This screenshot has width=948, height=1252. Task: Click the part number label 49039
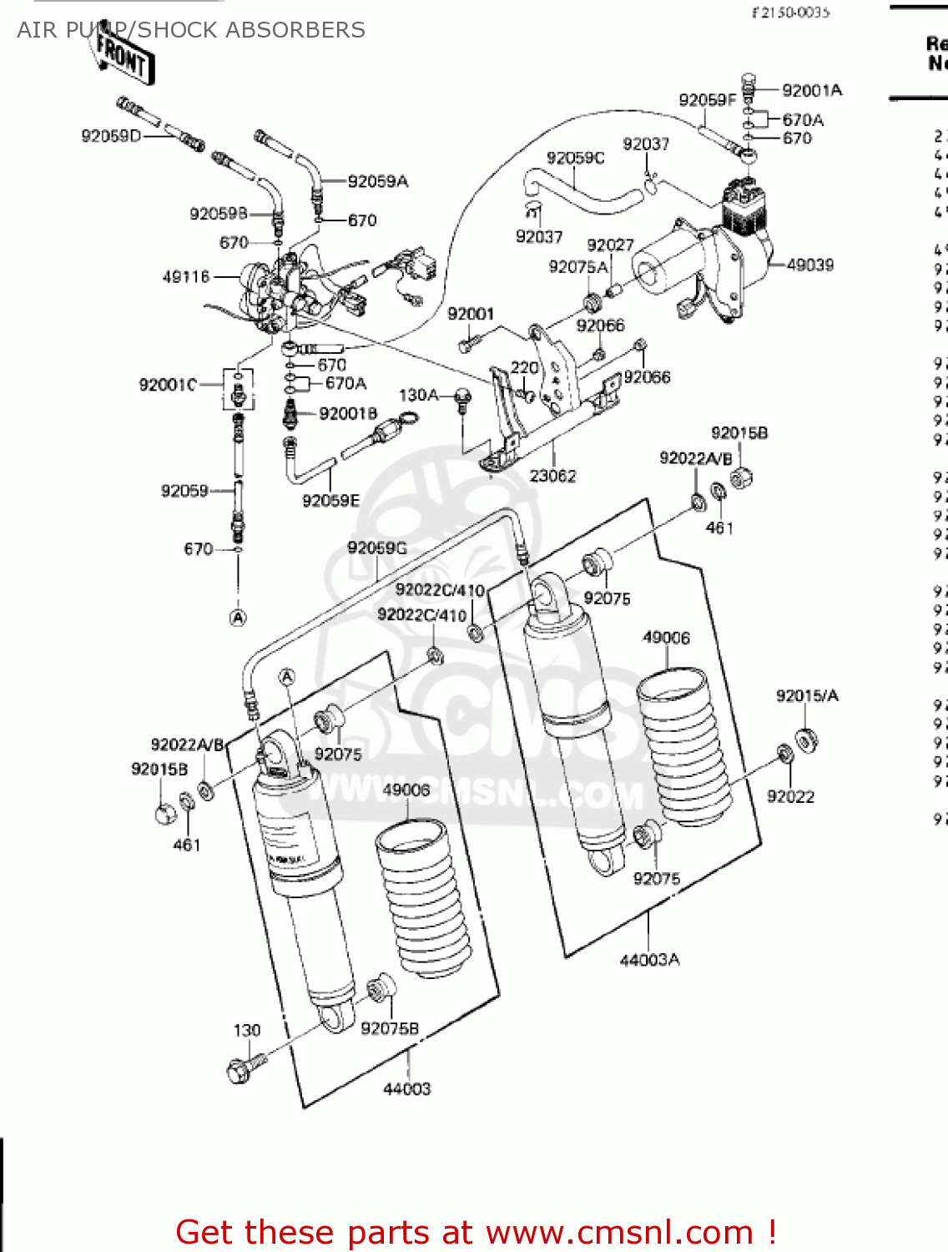point(809,265)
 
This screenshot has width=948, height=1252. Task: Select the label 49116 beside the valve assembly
point(185,276)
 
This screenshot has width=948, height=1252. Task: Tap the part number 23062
point(552,476)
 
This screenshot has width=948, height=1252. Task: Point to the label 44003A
point(649,960)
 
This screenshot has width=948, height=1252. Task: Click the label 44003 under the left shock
point(406,1088)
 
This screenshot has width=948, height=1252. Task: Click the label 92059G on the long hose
point(376,548)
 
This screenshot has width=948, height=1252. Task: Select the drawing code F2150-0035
point(790,12)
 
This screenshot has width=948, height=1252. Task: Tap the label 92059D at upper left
point(111,135)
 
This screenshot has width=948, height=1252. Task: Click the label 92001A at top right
point(811,90)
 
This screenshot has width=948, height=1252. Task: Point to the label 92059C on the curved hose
point(575,158)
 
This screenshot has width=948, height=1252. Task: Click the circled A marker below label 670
point(238,618)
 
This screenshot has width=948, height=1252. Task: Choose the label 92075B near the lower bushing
point(389,1028)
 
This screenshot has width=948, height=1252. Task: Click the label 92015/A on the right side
point(806,695)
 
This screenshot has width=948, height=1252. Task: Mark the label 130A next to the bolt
point(418,395)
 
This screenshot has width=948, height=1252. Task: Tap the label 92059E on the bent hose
point(330,500)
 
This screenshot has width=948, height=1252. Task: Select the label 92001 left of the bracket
point(471,314)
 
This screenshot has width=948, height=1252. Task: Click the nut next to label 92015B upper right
point(741,477)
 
